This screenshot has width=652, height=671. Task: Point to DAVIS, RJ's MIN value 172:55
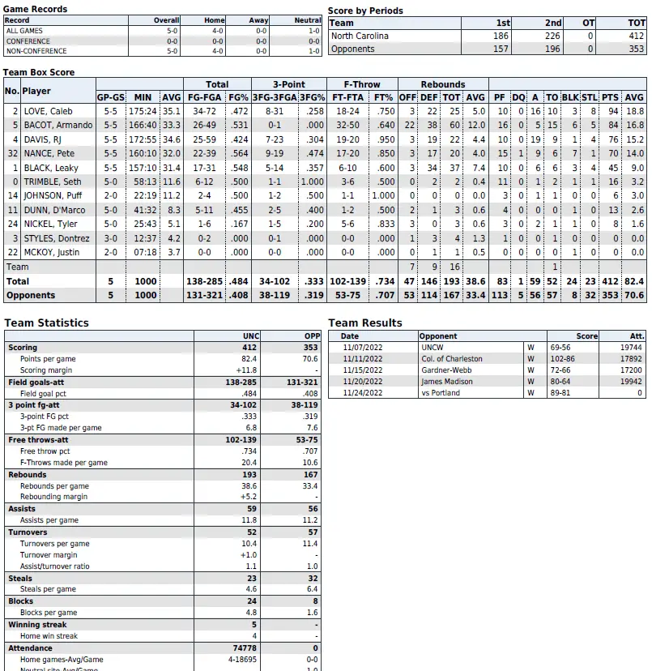click(x=143, y=139)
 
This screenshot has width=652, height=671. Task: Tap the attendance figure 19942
click(x=632, y=382)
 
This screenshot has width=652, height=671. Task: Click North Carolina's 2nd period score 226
click(x=551, y=36)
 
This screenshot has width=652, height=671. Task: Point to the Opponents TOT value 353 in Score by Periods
click(x=636, y=49)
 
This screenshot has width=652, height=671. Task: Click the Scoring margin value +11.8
click(x=247, y=370)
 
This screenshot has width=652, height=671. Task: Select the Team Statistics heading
click(x=46, y=323)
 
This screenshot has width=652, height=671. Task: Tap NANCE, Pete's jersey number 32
click(x=12, y=153)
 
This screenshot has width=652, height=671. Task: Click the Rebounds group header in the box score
click(x=443, y=84)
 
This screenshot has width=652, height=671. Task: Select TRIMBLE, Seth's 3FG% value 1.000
click(x=312, y=182)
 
